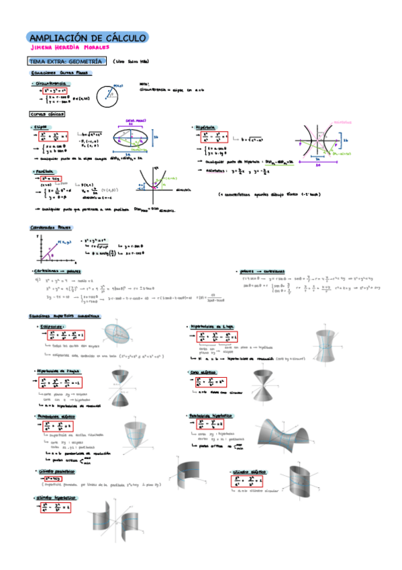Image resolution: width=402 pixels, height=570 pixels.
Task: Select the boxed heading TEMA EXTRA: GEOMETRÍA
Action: click(x=64, y=61)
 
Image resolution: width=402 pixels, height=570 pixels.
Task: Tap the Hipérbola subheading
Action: click(x=204, y=126)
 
